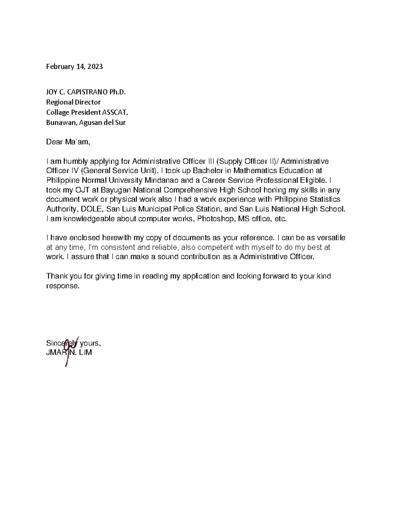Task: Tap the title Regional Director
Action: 73,102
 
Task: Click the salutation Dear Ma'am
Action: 67,142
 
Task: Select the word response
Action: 63,286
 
